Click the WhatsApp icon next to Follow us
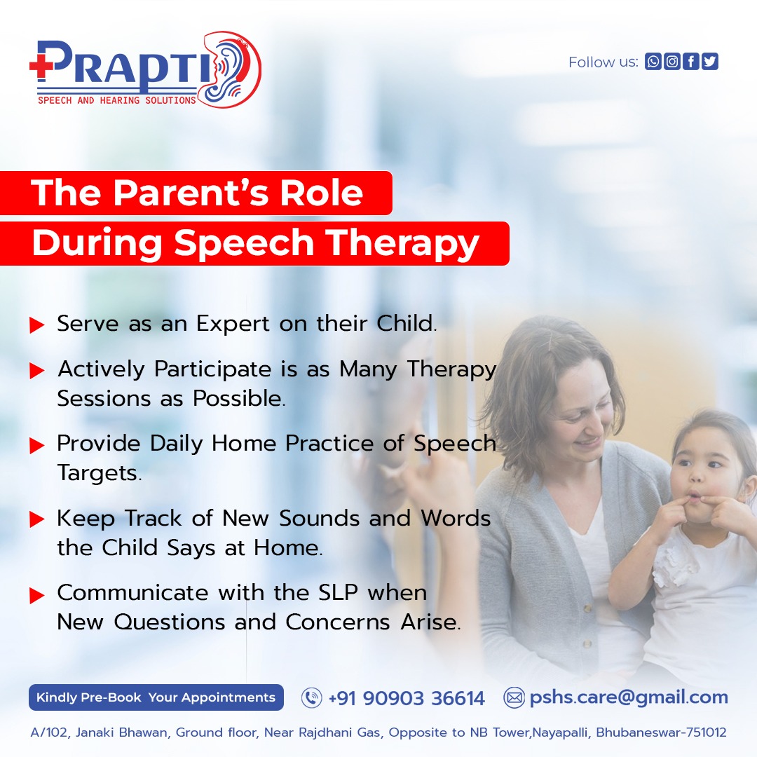point(653,62)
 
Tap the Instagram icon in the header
point(672,62)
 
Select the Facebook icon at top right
point(691,62)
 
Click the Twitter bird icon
point(710,62)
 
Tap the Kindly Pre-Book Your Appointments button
point(156,697)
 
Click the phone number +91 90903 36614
point(406,698)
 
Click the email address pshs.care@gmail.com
point(628,697)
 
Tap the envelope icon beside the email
point(514,698)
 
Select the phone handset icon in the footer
point(311,698)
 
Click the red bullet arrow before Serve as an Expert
point(37,325)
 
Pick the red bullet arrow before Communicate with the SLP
point(37,596)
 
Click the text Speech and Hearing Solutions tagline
point(116,100)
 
